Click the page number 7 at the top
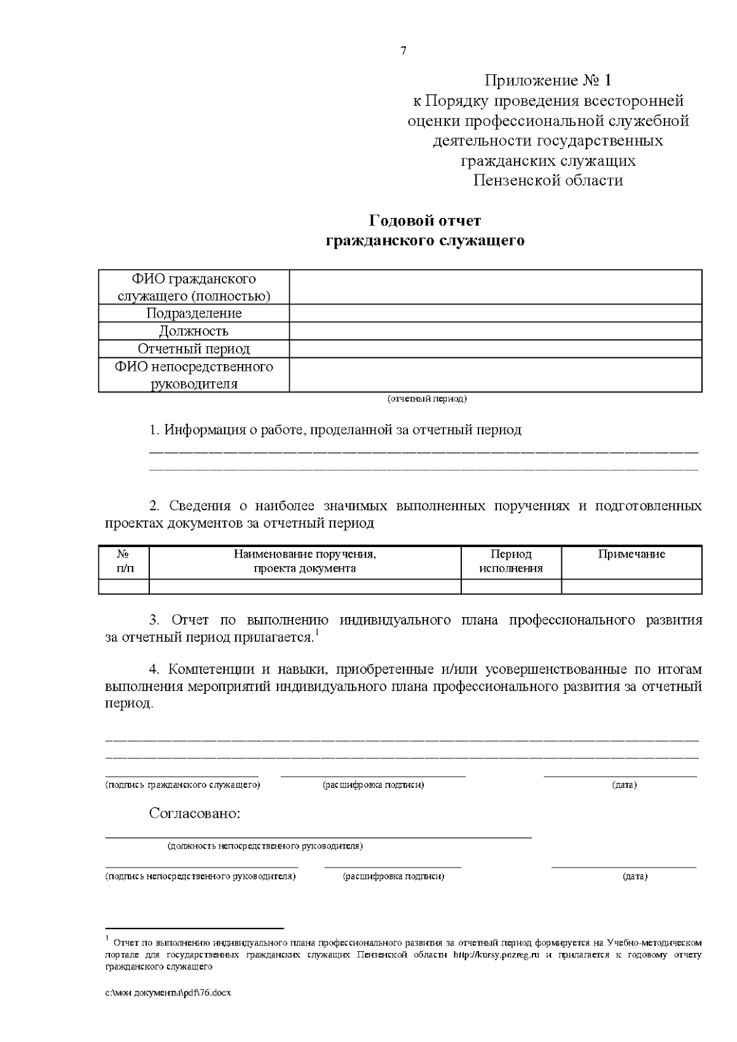point(404,51)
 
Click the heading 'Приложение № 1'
point(548,80)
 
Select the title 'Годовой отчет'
point(424,220)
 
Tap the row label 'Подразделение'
point(193,313)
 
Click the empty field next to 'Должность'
point(495,331)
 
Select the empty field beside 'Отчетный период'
point(495,349)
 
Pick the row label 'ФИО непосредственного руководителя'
point(193,375)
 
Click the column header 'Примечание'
point(631,554)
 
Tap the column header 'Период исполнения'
point(511,561)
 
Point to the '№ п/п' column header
point(123,561)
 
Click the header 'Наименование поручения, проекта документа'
point(305,561)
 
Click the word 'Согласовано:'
point(195,814)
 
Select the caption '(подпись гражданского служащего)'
point(182,785)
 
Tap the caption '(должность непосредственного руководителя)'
point(265,846)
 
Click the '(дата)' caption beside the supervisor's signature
point(635,876)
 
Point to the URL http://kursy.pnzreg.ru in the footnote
point(496,955)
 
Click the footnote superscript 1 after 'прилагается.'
point(317,632)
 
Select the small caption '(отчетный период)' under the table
point(427,399)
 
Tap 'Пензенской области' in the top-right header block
point(548,181)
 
